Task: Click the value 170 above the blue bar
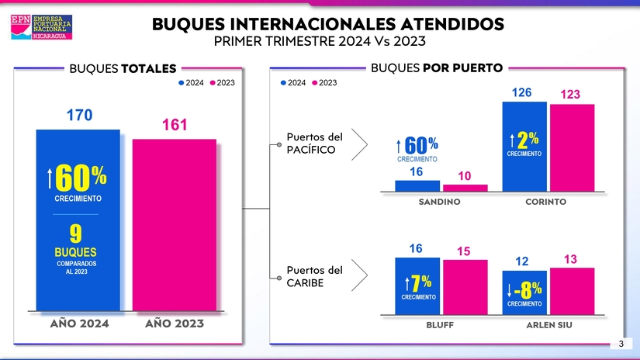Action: tap(79, 116)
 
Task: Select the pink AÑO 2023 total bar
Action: tap(174, 225)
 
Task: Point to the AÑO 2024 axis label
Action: tap(79, 324)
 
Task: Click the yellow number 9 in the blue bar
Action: tap(77, 234)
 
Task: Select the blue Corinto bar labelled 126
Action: tap(524, 147)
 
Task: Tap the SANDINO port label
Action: tap(439, 202)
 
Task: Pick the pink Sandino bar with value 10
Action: tap(465, 187)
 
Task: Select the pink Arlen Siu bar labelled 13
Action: tap(572, 291)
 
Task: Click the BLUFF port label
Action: tap(440, 325)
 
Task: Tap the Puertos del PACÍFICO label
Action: tap(314, 143)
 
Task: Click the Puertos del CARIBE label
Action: tap(314, 276)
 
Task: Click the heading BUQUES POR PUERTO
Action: tap(436, 67)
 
